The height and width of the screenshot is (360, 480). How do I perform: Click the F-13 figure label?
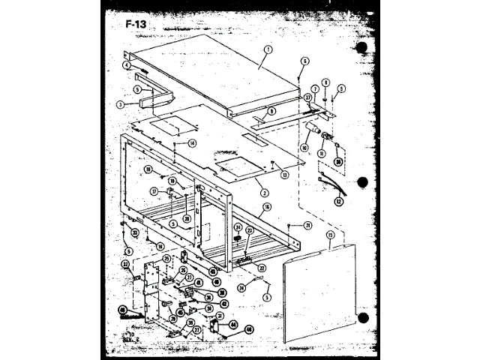coord(136,24)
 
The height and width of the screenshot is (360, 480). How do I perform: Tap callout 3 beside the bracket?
coord(120,105)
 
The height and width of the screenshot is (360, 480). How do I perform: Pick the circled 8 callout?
coord(326,82)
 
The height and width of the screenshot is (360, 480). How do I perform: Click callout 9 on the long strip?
coord(272,111)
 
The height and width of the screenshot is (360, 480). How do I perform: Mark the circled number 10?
coord(304,148)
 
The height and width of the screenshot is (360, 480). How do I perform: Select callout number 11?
coord(322,154)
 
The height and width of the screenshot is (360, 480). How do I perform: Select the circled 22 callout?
coord(262,267)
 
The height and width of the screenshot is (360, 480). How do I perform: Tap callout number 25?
coord(166,259)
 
